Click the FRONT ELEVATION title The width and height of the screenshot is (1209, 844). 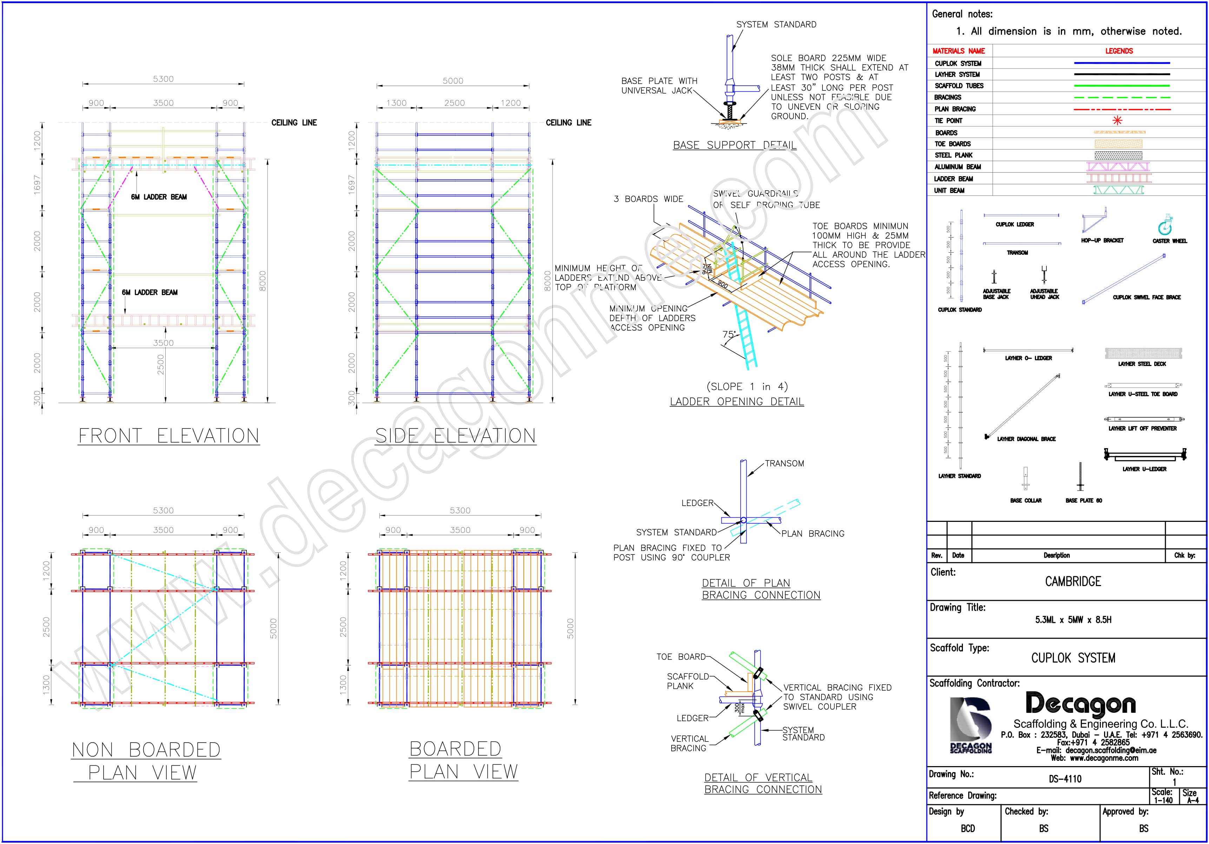point(169,436)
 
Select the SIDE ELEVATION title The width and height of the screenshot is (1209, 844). point(456,436)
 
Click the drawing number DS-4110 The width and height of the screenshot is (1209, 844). point(1065,779)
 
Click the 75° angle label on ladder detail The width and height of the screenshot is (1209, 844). point(729,334)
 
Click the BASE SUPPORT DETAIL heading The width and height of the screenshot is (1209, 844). point(734,145)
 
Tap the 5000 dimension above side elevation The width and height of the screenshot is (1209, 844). point(453,81)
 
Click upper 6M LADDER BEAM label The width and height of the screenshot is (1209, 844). point(159,197)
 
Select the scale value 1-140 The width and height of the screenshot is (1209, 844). point(1163,800)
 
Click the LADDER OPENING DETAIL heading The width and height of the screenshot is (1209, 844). point(736,402)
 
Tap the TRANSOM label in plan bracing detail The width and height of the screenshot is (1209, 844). point(784,463)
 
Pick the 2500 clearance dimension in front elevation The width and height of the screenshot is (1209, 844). point(161,365)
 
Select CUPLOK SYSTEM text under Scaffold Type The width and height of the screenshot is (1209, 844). point(1073,658)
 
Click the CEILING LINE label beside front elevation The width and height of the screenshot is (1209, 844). point(294,123)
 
